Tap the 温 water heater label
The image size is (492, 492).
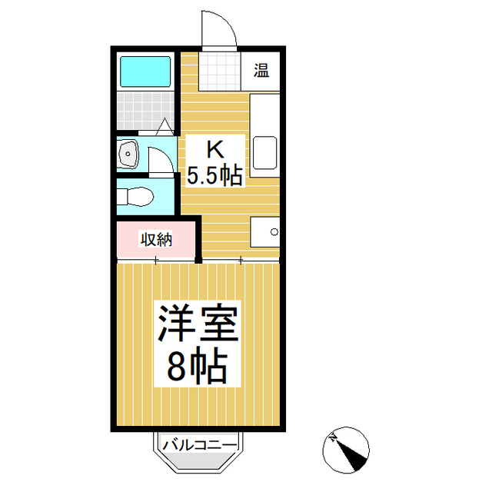pos(261,72)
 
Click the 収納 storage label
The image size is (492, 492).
pos(155,239)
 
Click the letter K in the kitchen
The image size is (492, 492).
pos(215,148)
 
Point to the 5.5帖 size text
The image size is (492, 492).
pos(215,175)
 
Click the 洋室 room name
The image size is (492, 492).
pos(199,325)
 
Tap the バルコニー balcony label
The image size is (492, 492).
pos(200,444)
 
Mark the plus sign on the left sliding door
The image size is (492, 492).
pos(156,261)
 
